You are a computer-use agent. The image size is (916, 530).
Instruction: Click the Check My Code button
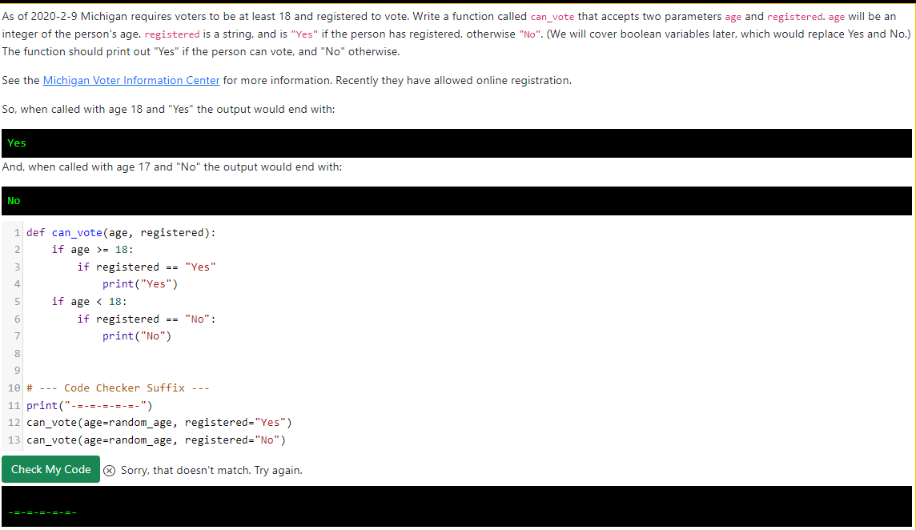click(50, 469)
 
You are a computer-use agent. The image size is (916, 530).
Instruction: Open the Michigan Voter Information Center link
click(131, 80)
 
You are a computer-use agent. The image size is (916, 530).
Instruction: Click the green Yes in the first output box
click(17, 143)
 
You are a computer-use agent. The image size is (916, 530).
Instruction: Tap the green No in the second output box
click(14, 201)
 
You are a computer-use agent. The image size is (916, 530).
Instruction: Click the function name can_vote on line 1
click(77, 233)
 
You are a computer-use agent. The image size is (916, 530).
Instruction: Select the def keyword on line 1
click(36, 233)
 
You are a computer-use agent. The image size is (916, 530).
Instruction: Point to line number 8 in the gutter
click(17, 353)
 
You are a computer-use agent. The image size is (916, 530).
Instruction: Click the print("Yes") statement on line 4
click(139, 284)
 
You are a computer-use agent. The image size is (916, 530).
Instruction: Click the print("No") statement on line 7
click(136, 336)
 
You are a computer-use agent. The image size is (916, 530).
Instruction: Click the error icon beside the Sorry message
click(110, 470)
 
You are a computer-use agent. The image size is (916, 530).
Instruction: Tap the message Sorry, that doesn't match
click(211, 470)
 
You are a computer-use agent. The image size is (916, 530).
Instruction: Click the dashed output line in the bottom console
click(42, 512)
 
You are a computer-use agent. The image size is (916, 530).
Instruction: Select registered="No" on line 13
click(235, 440)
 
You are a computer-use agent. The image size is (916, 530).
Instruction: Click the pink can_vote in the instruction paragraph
click(552, 17)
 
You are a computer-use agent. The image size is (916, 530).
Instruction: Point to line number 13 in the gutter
click(14, 440)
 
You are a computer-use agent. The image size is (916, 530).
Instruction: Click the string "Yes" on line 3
click(200, 267)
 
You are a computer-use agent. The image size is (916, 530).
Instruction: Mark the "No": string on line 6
click(200, 319)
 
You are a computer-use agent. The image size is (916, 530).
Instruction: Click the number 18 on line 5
click(118, 302)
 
